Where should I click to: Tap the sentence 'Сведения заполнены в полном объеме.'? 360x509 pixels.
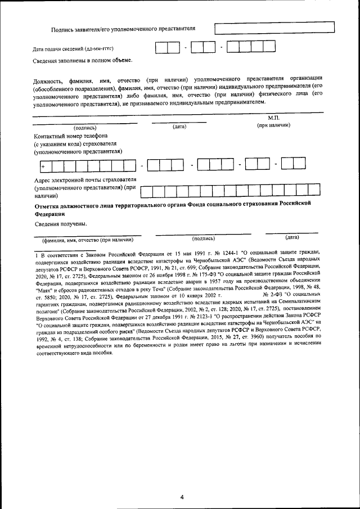click(83, 60)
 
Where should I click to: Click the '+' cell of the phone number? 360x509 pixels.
click(43, 166)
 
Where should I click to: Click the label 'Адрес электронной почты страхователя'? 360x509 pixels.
click(85, 180)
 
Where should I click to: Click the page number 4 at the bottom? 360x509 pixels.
click(182, 497)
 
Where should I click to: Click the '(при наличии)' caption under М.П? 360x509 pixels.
click(274, 126)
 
